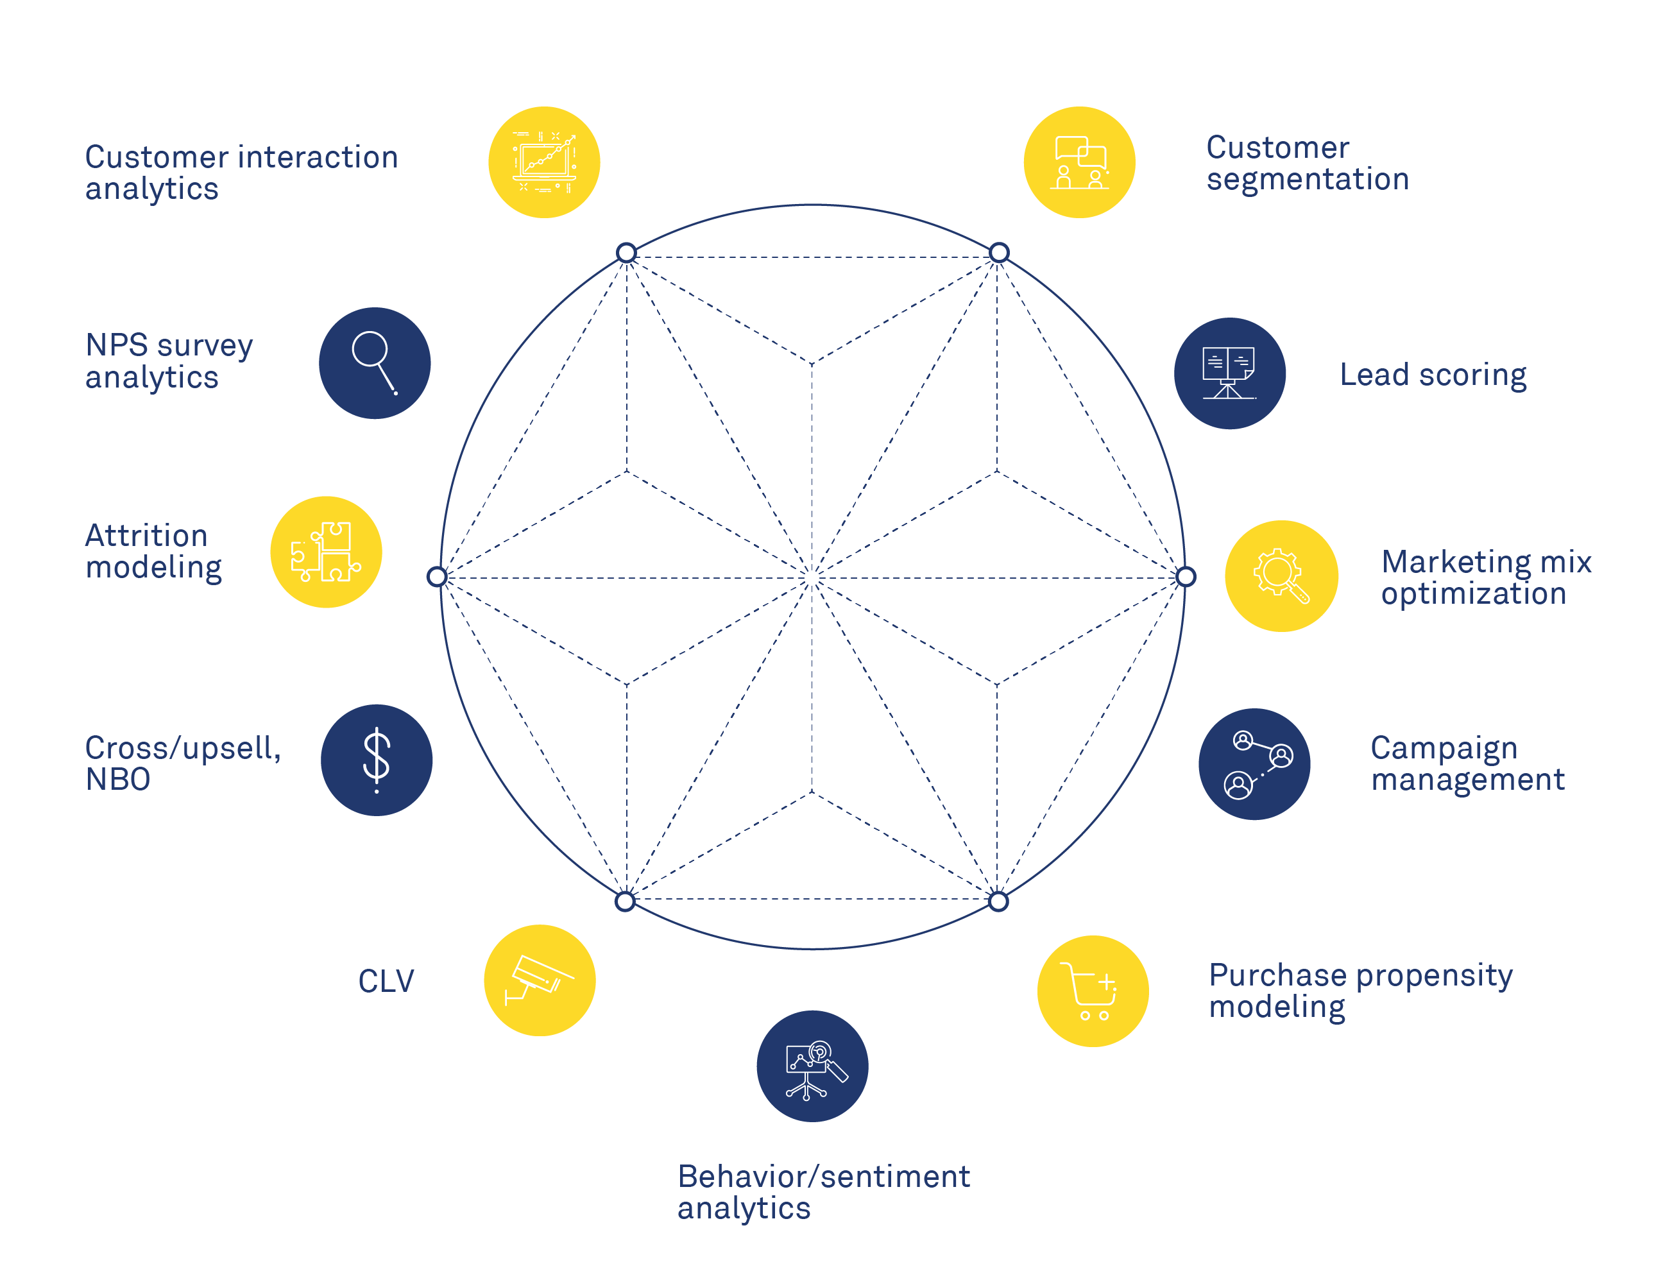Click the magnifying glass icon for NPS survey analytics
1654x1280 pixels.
374,363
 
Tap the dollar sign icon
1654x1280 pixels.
377,760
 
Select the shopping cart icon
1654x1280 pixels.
1092,991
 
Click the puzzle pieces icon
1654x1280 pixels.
326,551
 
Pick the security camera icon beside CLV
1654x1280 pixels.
539,980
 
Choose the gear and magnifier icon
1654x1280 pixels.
1281,576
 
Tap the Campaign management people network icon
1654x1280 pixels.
1254,764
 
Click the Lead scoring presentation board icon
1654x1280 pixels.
1229,373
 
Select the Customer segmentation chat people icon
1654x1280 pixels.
1079,162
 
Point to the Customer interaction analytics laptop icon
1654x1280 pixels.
544,162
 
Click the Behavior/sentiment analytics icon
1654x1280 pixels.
812,1066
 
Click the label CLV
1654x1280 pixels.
386,982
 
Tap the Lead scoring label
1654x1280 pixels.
1433,375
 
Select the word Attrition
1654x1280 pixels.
146,536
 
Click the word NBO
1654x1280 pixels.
118,780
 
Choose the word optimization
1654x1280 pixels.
1473,593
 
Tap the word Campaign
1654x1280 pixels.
1444,748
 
